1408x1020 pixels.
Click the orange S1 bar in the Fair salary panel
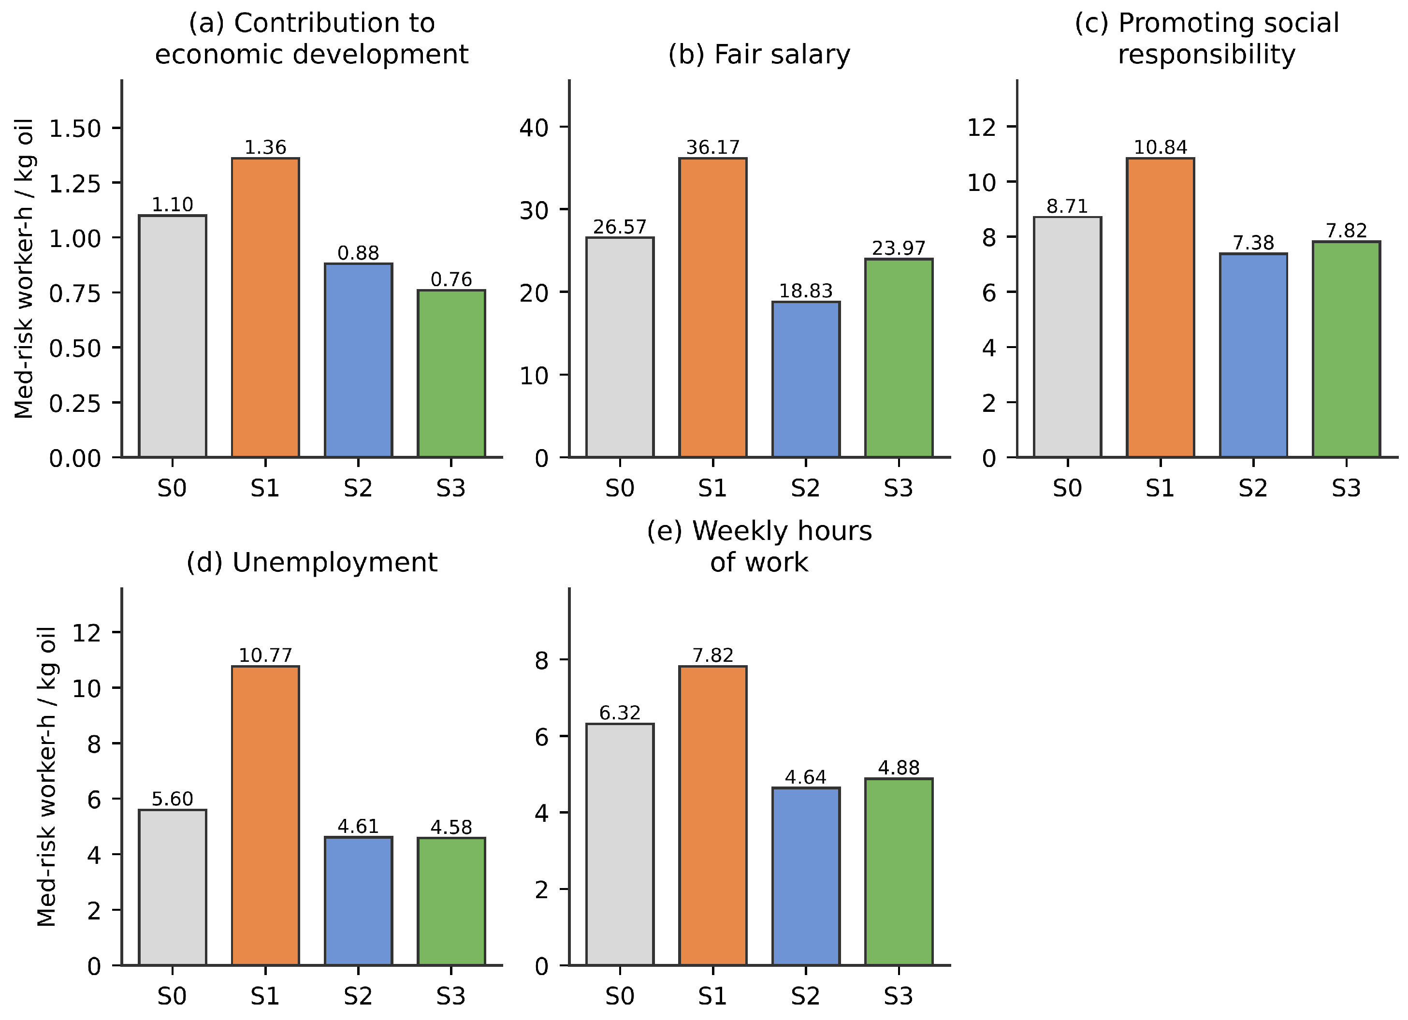coord(712,308)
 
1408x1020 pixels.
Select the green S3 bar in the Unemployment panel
coord(451,902)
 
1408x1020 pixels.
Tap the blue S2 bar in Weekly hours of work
coord(806,876)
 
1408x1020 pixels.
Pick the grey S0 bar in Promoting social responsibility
coord(1068,337)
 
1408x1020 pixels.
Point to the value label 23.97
coord(899,248)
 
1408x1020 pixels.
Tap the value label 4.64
coord(806,777)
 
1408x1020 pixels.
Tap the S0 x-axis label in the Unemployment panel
coord(172,996)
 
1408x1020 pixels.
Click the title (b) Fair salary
coord(759,54)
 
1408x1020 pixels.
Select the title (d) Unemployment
coord(312,563)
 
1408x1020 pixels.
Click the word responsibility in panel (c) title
coord(1207,54)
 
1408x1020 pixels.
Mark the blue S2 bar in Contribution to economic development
coord(358,361)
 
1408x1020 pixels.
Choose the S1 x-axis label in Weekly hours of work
coord(712,996)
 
